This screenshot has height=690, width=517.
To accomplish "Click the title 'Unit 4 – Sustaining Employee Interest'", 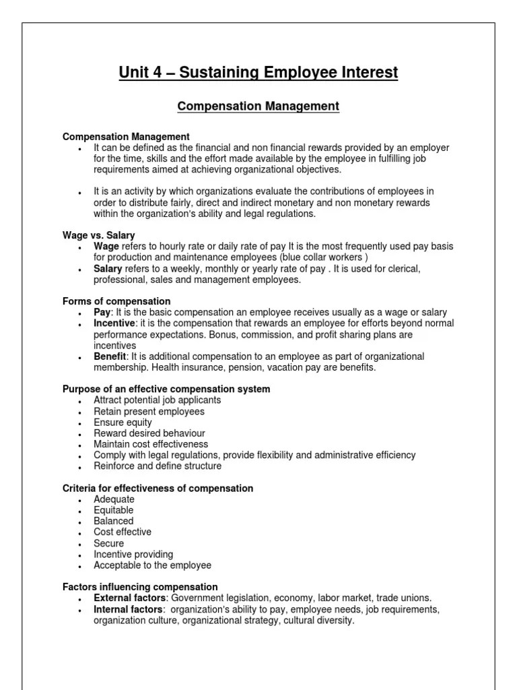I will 258,72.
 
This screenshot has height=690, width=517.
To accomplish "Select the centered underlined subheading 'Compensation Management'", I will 258,106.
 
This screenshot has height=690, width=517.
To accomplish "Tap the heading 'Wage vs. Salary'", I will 99,235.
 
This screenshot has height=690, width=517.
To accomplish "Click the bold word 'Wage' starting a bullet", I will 106,247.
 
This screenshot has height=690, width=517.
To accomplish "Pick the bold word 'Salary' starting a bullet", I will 108,268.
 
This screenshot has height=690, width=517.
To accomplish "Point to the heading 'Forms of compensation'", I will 116,301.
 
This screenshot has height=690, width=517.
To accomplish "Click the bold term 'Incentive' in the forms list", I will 114,323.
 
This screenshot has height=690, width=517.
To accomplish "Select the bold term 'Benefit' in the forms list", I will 110,356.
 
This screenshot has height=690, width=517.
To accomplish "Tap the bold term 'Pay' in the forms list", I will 101,313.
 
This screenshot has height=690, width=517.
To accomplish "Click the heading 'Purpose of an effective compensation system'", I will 166,389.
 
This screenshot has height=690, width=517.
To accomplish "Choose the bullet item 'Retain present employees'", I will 149,411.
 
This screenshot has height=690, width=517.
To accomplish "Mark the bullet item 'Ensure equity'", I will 123,422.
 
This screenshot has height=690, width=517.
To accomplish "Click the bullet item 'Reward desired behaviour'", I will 149,433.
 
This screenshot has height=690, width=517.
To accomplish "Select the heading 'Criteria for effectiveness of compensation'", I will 158,488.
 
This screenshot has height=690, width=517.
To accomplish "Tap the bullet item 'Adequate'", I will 114,499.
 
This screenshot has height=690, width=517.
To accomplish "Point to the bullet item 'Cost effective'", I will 123,532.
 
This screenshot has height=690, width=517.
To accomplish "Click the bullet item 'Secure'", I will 109,543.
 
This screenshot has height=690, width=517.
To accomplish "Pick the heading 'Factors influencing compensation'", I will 140,587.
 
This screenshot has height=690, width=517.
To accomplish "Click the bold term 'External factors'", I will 129,598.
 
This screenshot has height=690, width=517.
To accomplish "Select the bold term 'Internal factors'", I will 128,610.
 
